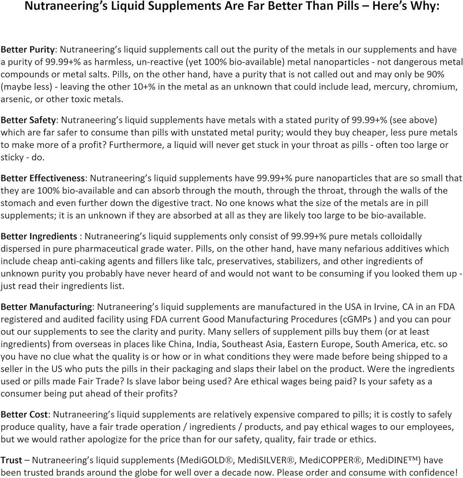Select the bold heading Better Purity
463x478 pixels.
point(28,50)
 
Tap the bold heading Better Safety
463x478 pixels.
point(28,120)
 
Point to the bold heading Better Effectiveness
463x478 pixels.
point(43,178)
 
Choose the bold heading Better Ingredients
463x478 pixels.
point(39,237)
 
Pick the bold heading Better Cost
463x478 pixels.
point(24,415)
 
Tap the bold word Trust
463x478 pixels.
point(11,460)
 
